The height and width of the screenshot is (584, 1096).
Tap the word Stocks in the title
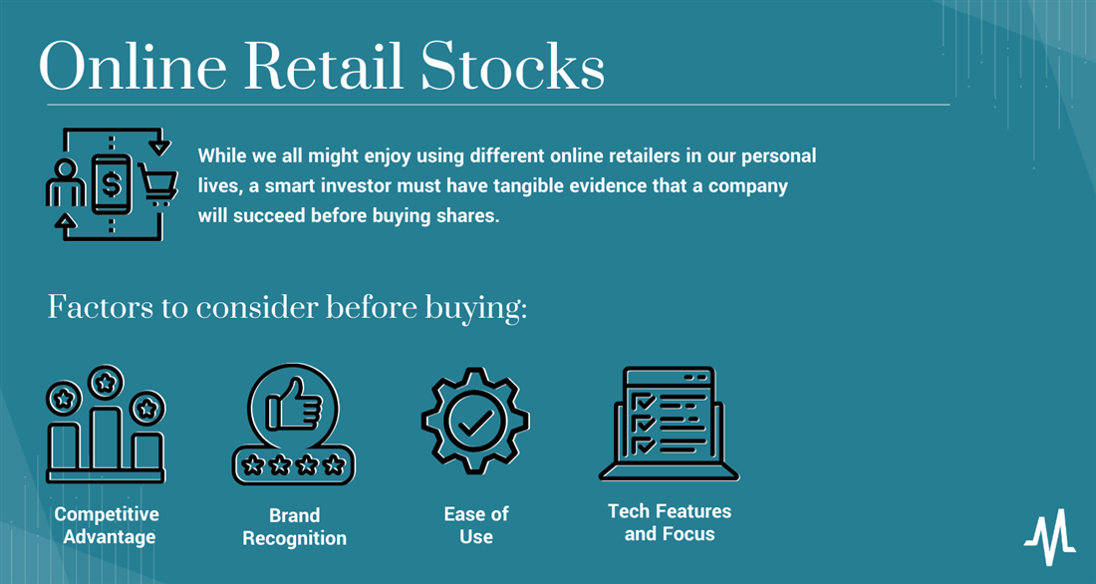(x=513, y=67)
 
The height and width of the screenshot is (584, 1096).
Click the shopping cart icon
(x=158, y=184)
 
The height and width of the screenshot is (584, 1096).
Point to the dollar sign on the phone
(x=112, y=184)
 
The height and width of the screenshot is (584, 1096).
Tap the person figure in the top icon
(x=65, y=183)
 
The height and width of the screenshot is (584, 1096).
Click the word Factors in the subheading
(x=101, y=308)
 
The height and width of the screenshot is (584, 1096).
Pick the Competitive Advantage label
(x=107, y=525)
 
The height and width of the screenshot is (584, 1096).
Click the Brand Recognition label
(x=294, y=526)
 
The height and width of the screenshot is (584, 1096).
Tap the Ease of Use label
(x=476, y=525)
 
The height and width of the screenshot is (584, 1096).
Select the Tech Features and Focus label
(x=670, y=522)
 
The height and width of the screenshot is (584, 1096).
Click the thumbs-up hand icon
(x=294, y=405)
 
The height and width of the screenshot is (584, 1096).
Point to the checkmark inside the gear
(x=475, y=422)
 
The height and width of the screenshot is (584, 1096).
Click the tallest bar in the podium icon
(x=106, y=438)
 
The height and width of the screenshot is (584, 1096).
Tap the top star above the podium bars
(x=106, y=383)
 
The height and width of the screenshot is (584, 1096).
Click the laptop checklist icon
(x=669, y=424)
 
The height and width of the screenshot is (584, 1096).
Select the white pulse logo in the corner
(x=1050, y=537)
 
